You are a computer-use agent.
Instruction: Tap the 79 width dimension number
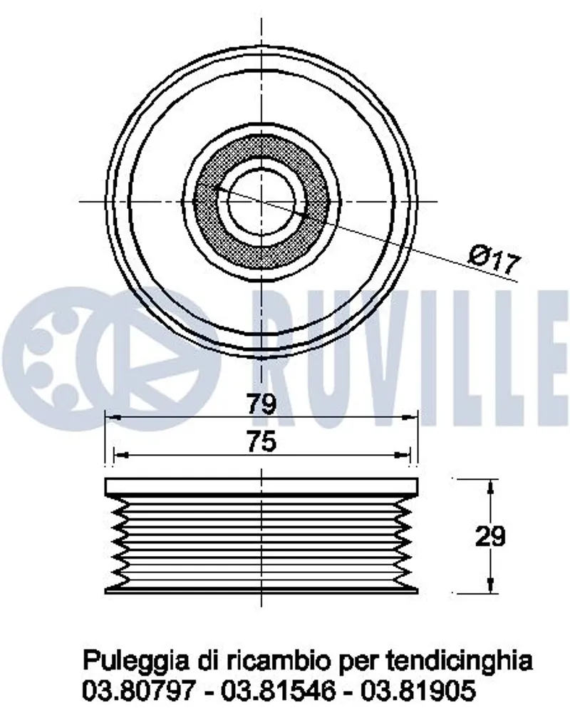261,404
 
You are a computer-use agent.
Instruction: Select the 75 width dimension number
261,442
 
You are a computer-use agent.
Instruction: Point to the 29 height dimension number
490,536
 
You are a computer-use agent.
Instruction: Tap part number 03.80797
140,691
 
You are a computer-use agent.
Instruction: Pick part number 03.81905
418,691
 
